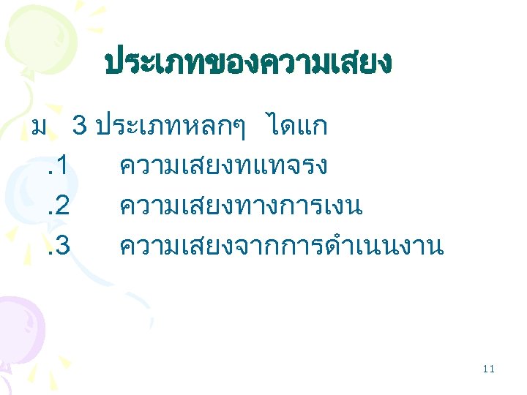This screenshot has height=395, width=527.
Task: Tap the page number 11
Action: tap(489, 369)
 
